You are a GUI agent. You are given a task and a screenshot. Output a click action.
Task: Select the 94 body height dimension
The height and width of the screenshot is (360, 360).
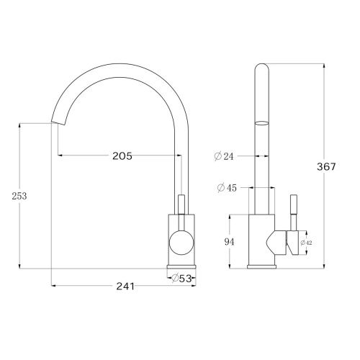[x=230, y=242]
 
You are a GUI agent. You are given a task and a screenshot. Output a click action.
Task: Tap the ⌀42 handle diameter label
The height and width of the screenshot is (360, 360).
[x=306, y=243]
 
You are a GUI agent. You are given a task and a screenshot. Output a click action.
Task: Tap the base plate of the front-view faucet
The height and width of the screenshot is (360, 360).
[x=181, y=268]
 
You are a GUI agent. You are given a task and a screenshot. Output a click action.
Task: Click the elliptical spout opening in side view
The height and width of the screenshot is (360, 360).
[x=263, y=123]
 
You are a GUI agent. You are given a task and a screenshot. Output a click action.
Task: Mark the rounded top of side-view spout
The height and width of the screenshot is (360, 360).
[x=263, y=70]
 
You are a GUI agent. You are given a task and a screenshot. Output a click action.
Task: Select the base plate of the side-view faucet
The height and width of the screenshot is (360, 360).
[x=263, y=268]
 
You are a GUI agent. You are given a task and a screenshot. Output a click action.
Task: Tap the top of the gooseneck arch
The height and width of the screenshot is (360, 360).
[x=119, y=67]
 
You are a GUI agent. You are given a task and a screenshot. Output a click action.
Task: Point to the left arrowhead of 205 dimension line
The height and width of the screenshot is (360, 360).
[x=59, y=156]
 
